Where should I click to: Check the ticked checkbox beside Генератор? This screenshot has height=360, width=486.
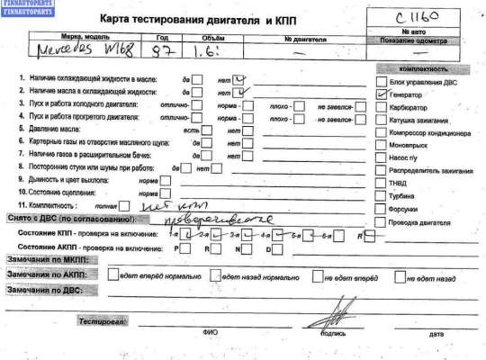[x=381, y=94]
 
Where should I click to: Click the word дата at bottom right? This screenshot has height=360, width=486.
[x=436, y=334]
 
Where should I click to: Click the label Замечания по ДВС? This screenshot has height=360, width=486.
[x=44, y=292]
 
